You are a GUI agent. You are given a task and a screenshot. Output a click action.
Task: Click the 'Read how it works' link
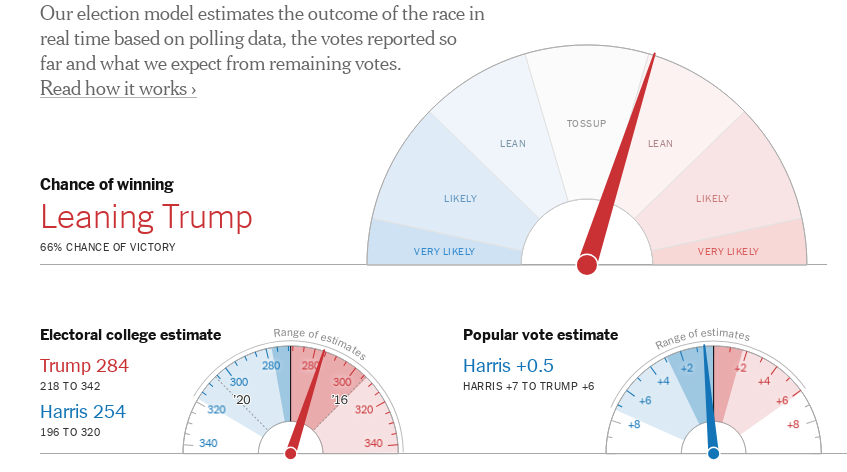pyautogui.click(x=118, y=89)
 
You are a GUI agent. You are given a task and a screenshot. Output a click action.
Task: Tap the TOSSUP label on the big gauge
pyautogui.click(x=586, y=123)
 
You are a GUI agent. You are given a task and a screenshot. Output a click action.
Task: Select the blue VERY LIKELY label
pyautogui.click(x=445, y=251)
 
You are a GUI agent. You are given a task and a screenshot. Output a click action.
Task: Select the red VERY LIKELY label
pyautogui.click(x=728, y=251)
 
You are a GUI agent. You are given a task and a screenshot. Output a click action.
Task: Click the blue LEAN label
pyautogui.click(x=513, y=143)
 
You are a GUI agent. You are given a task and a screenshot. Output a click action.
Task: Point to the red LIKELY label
pyautogui.click(x=712, y=198)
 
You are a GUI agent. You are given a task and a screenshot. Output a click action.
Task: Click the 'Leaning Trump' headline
pyautogui.click(x=146, y=217)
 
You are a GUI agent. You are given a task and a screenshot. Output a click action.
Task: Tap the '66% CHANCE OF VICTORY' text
pyautogui.click(x=107, y=247)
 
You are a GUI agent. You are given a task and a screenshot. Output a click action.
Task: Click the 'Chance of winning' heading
pyautogui.click(x=106, y=184)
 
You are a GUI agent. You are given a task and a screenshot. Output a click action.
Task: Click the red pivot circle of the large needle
pyautogui.click(x=587, y=264)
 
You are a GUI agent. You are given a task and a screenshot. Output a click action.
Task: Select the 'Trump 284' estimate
pyautogui.click(x=84, y=366)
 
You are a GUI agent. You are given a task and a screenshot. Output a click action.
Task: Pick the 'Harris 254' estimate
pyautogui.click(x=83, y=411)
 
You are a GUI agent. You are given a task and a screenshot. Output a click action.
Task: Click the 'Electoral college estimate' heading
pyautogui.click(x=130, y=335)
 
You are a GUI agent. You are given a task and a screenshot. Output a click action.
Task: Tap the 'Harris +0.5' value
pyautogui.click(x=508, y=366)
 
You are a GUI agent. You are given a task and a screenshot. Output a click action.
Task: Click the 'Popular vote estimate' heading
pyautogui.click(x=540, y=335)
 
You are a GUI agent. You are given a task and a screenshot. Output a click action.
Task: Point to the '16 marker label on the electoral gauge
pyautogui.click(x=339, y=400)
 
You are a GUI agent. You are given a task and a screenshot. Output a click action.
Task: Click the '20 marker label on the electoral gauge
pyautogui.click(x=241, y=400)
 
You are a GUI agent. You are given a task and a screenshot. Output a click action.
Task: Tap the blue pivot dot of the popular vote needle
pyautogui.click(x=714, y=453)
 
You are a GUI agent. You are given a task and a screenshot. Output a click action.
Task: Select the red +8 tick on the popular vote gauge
pyautogui.click(x=792, y=424)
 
